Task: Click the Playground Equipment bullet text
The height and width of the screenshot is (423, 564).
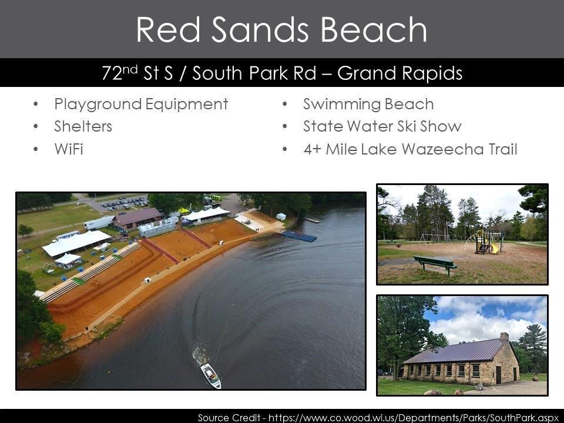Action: [141, 104]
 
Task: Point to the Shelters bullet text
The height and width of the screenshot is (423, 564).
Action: [83, 126]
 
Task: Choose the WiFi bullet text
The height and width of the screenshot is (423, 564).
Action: [69, 149]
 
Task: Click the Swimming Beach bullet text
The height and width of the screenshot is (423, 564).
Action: [368, 104]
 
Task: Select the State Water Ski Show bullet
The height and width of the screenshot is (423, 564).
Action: [382, 126]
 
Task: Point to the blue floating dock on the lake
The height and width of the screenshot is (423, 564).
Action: [298, 236]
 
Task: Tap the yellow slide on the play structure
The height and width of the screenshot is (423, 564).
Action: [493, 247]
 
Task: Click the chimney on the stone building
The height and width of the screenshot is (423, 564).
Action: [504, 337]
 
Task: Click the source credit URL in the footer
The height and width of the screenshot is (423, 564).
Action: [400, 417]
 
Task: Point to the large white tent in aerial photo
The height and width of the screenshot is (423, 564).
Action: [76, 241]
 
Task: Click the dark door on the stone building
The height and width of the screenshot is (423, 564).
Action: [498, 374]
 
